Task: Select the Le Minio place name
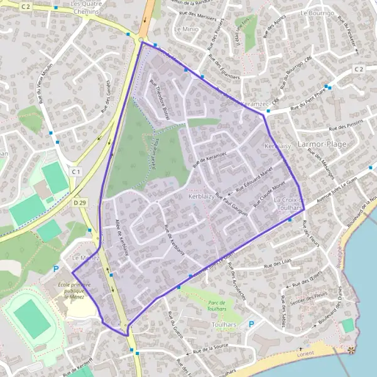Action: point(185,29)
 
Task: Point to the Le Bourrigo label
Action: point(320,13)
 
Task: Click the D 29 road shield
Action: point(79,202)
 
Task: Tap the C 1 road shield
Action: point(76,172)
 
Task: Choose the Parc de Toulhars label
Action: point(217,305)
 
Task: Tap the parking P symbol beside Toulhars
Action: point(252,324)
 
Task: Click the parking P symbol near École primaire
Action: point(55,269)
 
